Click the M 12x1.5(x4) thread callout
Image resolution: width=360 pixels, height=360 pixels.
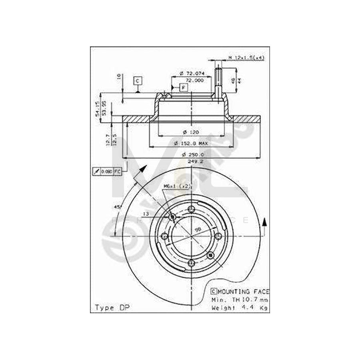click(x=246, y=58)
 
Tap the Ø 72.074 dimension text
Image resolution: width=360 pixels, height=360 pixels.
click(x=192, y=73)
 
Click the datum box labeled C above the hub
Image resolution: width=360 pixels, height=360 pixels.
click(x=137, y=81)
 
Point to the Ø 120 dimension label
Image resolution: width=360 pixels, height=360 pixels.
click(x=191, y=132)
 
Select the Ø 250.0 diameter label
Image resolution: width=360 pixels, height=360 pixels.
click(x=192, y=154)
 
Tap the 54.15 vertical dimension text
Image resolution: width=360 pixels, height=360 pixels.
click(x=97, y=108)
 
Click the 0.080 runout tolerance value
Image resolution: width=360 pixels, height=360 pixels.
click(x=106, y=171)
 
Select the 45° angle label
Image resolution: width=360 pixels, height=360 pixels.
click(x=117, y=207)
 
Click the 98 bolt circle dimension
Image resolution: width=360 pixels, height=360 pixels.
click(x=197, y=229)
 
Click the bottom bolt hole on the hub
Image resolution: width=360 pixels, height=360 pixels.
click(x=192, y=262)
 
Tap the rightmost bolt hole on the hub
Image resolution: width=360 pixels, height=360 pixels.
click(x=218, y=236)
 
